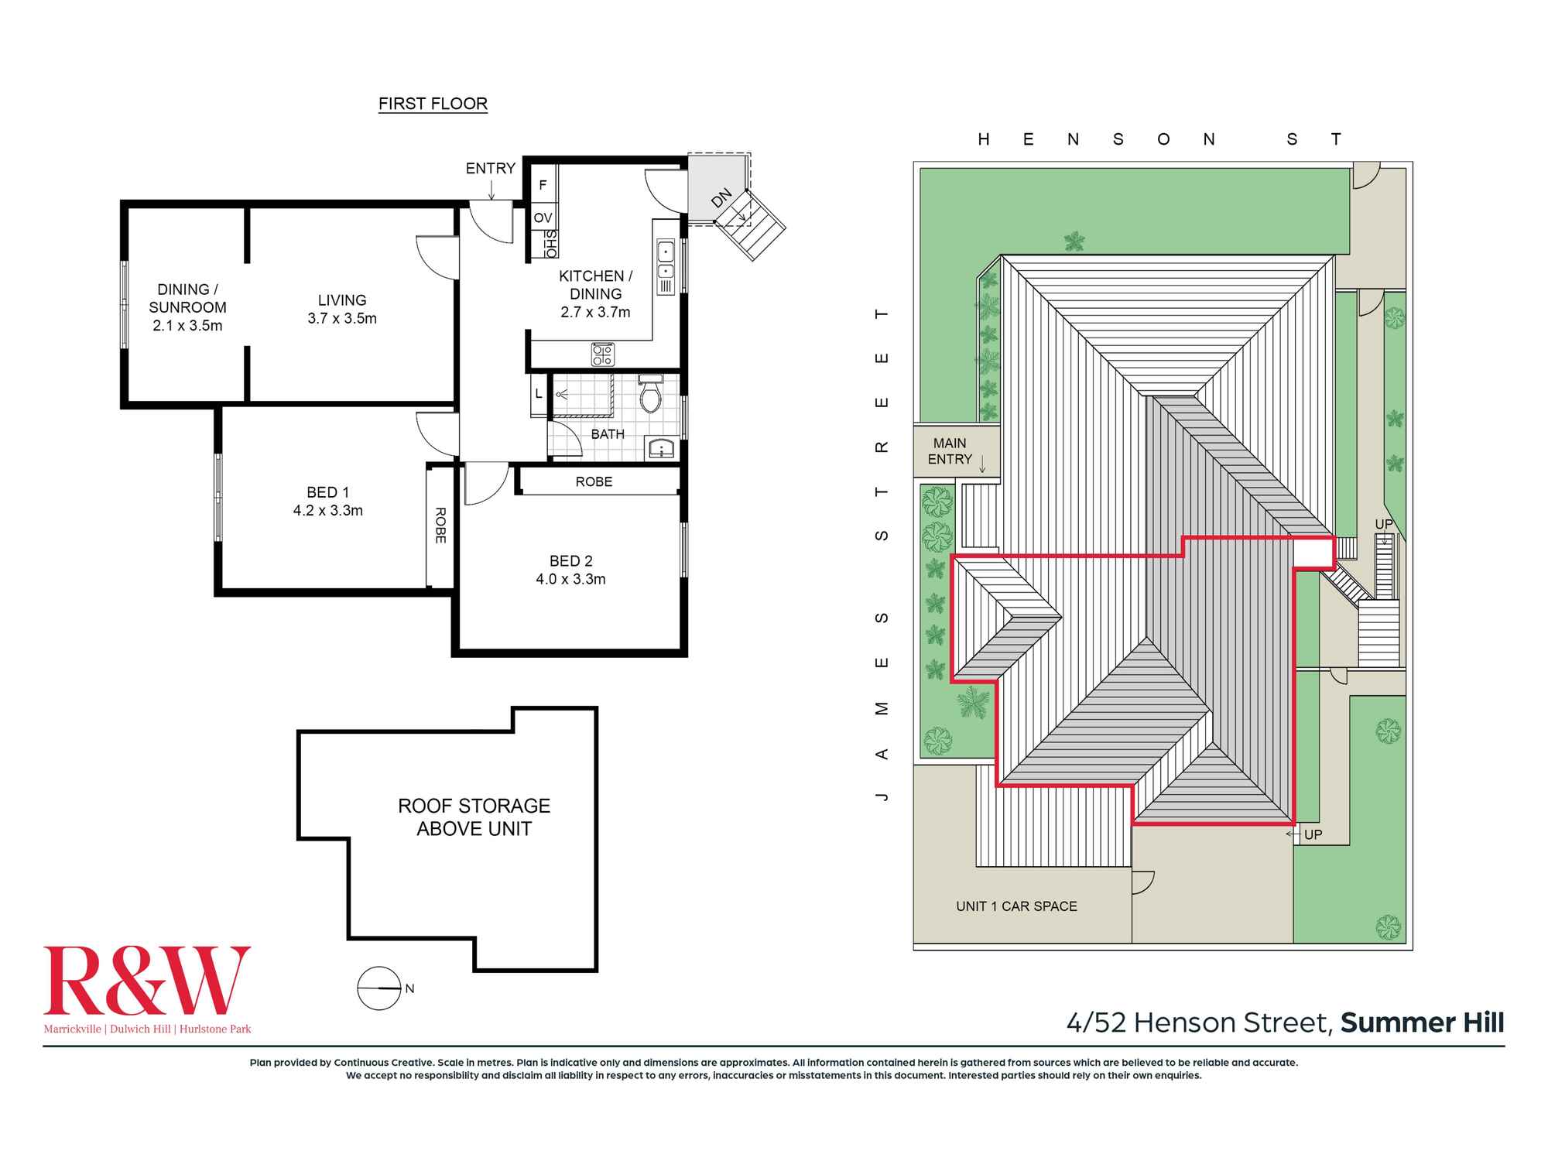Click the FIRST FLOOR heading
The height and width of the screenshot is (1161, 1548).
coord(433,104)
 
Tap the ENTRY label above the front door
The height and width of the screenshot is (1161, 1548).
coord(490,168)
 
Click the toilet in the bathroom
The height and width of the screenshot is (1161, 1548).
coord(650,394)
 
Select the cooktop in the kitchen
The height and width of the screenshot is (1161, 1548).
coord(602,354)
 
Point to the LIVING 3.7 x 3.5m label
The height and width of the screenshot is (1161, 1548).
coord(342,309)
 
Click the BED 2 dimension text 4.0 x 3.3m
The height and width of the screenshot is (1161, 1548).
coord(570,579)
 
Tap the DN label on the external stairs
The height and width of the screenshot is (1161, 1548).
coord(721,198)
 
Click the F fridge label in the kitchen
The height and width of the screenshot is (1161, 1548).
coord(543,185)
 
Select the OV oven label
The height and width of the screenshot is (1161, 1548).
coord(543,217)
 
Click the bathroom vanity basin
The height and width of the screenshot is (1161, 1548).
coord(660,448)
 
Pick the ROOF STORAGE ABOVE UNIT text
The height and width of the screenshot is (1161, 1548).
coord(474,817)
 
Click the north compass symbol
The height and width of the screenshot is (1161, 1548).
coord(379,988)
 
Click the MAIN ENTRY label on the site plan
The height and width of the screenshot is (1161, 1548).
coord(950,451)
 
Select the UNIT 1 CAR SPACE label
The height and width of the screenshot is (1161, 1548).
coord(1016,906)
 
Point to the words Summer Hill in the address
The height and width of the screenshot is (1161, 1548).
coord(1422,1022)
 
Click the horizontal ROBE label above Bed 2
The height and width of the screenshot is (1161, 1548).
coord(594,481)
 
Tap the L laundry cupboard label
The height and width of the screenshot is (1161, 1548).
coord(539,394)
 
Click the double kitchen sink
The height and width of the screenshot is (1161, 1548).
coord(666,261)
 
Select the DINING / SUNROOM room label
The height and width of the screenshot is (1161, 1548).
coord(187,307)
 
